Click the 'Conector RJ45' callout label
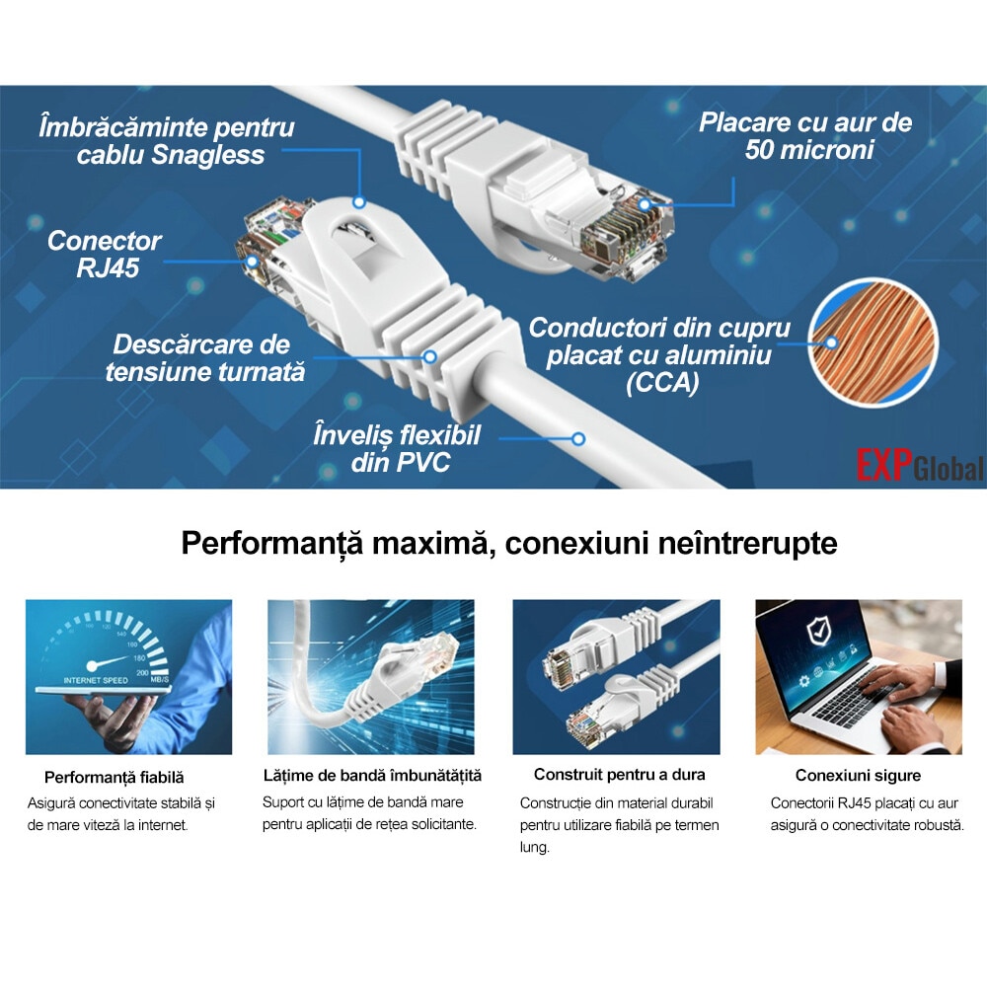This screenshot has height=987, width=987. pyautogui.click(x=104, y=254)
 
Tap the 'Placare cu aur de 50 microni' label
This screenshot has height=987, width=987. pyautogui.click(x=805, y=136)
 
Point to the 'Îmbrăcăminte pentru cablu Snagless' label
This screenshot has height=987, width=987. pyautogui.click(x=167, y=141)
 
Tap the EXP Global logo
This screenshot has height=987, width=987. pyautogui.click(x=919, y=466)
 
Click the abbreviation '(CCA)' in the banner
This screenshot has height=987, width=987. pyautogui.click(x=661, y=384)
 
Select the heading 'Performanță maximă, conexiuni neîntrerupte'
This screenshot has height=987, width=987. pyautogui.click(x=509, y=543)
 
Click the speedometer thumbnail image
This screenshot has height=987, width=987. pyautogui.click(x=128, y=677)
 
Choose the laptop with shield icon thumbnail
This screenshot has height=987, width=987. pyautogui.click(x=858, y=677)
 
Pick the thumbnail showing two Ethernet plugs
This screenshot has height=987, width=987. pyautogui.click(x=616, y=677)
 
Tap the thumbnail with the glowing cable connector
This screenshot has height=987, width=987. pyautogui.click(x=371, y=677)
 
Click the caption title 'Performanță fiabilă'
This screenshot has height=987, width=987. pyautogui.click(x=114, y=778)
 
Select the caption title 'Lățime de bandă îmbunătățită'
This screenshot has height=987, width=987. pyautogui.click(x=372, y=775)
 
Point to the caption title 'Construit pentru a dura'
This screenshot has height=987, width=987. pyautogui.click(x=619, y=774)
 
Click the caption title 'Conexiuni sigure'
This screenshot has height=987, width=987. pyautogui.click(x=858, y=776)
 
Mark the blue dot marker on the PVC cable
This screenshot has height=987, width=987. pyautogui.click(x=578, y=438)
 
